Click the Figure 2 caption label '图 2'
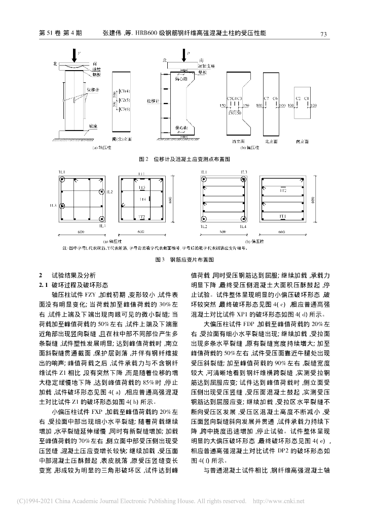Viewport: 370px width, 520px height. pos(143,159)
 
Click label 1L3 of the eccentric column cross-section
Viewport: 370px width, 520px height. pos(244,173)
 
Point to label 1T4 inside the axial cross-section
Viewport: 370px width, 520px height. pos(143,200)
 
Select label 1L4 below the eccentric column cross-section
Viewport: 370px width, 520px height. pos(244,226)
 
